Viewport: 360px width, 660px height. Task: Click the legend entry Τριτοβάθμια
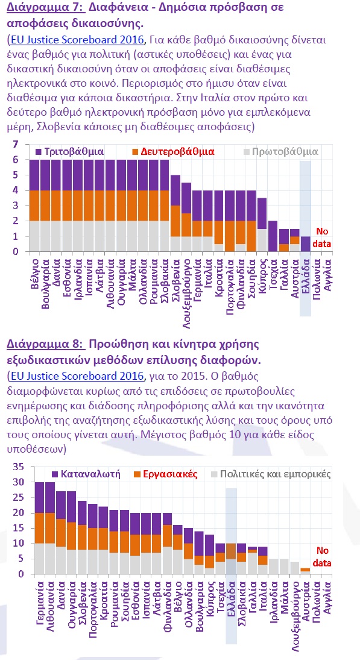coord(69,151)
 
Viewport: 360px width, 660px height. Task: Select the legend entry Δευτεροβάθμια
coord(174,151)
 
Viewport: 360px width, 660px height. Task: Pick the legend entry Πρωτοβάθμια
coord(281,151)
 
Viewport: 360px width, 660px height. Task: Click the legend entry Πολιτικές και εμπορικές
coord(271,474)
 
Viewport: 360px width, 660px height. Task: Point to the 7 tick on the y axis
coord(16,144)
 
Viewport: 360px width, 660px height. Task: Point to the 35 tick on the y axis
coord(18,467)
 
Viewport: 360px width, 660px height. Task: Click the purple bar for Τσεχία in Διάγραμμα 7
coord(273,236)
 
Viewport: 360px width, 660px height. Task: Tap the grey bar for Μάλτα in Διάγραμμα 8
coord(284,566)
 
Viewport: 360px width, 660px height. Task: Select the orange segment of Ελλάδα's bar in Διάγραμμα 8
coord(231,551)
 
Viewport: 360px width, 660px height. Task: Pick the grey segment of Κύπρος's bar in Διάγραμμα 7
coord(262,240)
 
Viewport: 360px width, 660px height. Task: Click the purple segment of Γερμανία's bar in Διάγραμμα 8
coord(40,497)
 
